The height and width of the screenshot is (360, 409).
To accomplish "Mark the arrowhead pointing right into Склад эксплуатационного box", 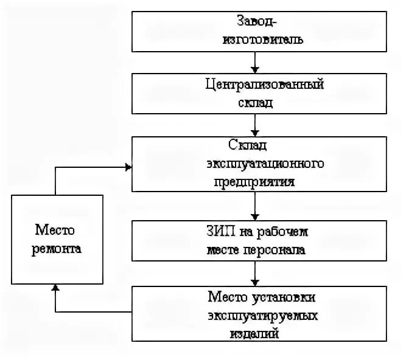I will pos(128,167).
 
